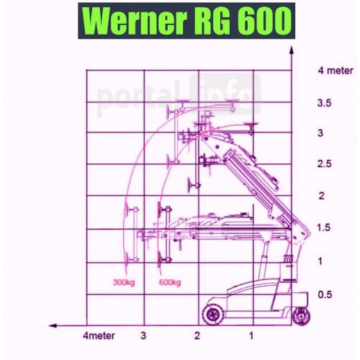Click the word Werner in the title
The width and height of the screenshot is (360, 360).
click(135, 21)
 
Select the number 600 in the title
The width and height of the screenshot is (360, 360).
click(265, 21)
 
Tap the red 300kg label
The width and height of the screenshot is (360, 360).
click(124, 282)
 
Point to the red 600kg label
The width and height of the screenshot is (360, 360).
click(170, 282)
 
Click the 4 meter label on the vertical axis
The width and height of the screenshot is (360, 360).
click(336, 71)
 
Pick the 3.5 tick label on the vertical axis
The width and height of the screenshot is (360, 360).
click(324, 103)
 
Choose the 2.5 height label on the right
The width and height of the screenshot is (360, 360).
click(325, 163)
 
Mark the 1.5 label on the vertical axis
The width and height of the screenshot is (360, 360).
click(324, 228)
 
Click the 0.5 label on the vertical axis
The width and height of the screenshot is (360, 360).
click(325, 294)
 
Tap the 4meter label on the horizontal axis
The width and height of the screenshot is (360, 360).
click(99, 336)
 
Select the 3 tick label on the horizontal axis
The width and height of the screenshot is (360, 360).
click(143, 336)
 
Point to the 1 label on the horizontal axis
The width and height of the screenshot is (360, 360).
click(251, 336)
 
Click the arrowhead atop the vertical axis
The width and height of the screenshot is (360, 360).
click(292, 50)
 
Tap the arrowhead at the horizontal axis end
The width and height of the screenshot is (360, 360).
click(53, 325)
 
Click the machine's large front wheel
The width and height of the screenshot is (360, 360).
click(213, 315)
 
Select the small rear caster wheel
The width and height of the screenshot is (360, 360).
click(301, 316)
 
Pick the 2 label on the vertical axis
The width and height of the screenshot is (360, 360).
click(322, 196)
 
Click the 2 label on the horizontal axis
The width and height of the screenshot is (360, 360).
click(197, 336)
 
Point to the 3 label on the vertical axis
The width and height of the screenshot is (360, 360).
click(320, 133)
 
